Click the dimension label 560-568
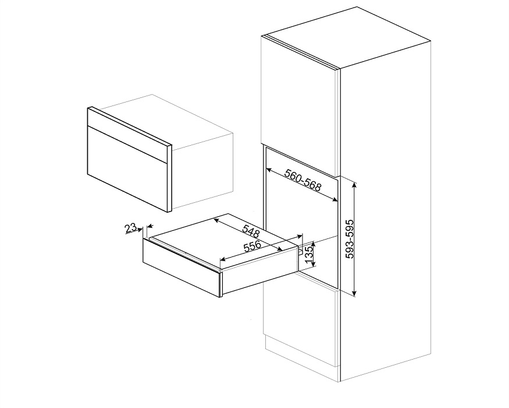302,180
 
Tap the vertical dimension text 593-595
350,239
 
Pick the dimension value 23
131,227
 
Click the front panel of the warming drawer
181,267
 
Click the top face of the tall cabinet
346,37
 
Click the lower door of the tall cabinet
301,325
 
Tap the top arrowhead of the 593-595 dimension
354,185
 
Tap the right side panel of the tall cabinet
385,211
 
